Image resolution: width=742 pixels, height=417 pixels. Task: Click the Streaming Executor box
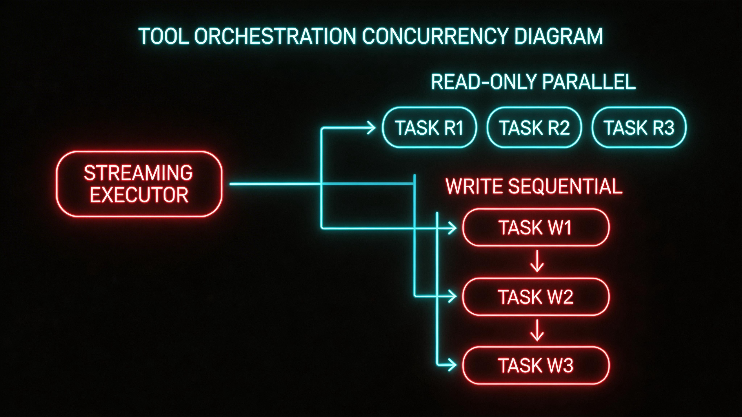pos(139,184)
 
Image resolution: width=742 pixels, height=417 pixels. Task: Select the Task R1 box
pos(429,127)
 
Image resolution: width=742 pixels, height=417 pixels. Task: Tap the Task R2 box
pos(534,127)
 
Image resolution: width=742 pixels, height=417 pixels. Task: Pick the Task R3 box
pos(639,127)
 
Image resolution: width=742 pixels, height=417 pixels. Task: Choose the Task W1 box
pos(536,228)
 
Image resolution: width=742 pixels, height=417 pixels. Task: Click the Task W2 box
pos(536,297)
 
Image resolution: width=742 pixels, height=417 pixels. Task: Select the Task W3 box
pos(536,365)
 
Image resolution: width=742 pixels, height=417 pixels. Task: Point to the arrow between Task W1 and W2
pos(537,261)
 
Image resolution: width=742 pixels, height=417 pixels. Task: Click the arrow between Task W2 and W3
pos(537,330)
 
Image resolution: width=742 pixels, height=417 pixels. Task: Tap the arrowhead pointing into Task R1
pos(372,128)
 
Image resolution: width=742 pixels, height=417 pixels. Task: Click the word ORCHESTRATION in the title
pos(275,36)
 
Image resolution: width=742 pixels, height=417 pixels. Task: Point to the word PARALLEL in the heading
pos(589,82)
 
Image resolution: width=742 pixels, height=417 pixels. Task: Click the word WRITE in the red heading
pos(475,186)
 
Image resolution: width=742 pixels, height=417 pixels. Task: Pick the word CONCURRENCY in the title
pos(434,36)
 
